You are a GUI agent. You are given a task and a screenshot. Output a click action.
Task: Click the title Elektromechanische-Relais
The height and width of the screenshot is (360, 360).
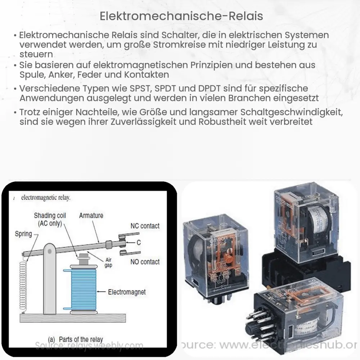(x=180, y=16)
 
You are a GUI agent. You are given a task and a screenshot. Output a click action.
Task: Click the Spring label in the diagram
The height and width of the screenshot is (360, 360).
(x=23, y=234)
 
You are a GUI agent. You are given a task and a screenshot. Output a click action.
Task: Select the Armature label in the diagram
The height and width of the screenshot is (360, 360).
(x=91, y=216)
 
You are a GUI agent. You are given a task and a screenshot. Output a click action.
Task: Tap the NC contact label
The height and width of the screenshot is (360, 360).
(x=145, y=226)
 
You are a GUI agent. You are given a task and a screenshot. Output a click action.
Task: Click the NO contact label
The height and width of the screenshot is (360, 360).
(x=145, y=262)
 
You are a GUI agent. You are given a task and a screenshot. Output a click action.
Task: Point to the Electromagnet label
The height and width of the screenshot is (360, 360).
(x=127, y=292)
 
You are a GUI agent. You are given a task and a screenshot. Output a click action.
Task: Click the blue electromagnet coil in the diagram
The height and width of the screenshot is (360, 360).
(x=84, y=288)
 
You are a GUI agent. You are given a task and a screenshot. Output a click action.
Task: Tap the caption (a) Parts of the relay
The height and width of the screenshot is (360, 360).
(x=76, y=339)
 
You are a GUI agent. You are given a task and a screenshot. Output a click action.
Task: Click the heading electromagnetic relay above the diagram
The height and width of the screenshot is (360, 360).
(x=46, y=198)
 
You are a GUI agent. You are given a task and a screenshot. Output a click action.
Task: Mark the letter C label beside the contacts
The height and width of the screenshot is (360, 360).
(x=139, y=243)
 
